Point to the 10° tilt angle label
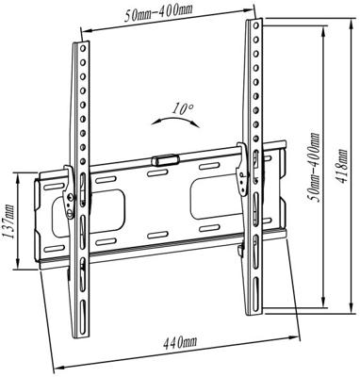tap(183, 109)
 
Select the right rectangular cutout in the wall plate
tap(209, 194)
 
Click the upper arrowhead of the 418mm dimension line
tap(326, 25)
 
